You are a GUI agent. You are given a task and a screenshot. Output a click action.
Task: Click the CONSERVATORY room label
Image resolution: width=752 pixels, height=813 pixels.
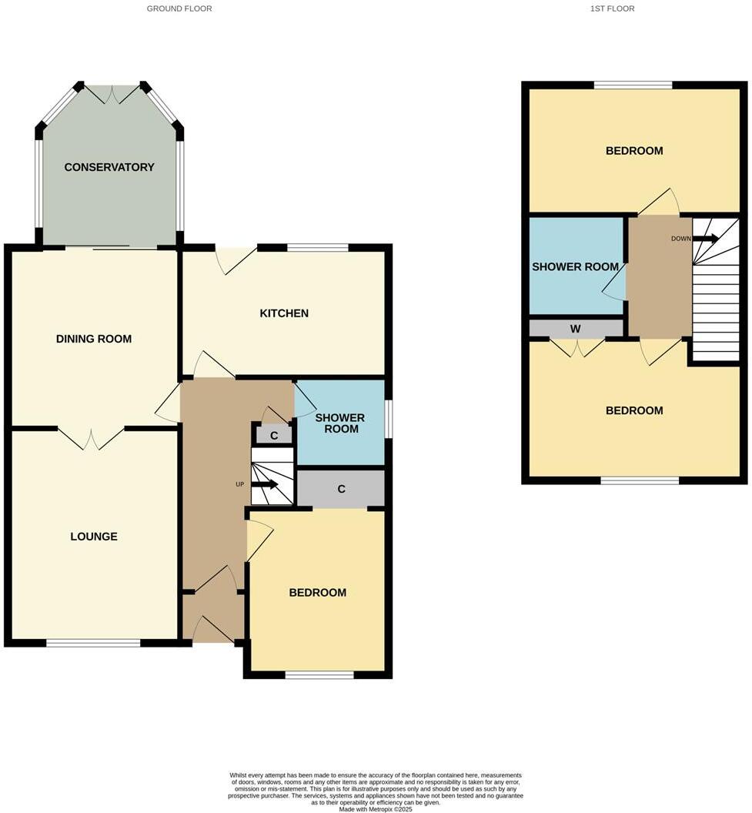coord(109,167)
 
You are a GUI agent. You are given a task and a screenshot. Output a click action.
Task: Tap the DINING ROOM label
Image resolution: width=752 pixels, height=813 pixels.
coord(93,339)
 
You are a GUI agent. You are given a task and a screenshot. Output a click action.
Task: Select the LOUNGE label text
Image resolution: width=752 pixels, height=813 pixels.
coord(94,537)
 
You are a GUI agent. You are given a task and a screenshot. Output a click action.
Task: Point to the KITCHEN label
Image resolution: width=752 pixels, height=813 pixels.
coord(284,313)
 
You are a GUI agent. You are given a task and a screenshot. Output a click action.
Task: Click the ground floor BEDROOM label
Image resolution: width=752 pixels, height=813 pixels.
coord(317,593)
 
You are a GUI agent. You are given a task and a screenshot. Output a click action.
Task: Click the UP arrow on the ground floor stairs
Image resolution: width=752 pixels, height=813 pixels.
coord(266,484)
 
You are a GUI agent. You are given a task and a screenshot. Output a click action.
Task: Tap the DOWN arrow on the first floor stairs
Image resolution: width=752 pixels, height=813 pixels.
coord(705,239)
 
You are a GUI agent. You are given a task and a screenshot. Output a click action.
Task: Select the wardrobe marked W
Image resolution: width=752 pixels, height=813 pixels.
coord(575,329)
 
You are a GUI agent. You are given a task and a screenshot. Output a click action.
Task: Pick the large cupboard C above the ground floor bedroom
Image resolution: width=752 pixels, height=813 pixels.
coord(340,489)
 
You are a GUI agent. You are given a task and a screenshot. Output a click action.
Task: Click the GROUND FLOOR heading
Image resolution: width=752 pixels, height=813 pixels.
coord(179,8)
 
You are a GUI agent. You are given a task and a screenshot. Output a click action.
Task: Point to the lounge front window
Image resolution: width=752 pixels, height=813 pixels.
coord(92,643)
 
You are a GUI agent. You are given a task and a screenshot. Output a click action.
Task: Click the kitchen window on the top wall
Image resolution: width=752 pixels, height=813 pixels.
coord(317,248)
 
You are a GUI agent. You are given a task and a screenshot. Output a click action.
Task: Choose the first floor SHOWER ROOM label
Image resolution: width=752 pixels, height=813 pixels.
coord(575,267)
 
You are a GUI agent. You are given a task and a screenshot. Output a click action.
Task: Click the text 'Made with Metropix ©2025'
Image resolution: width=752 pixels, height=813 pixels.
coord(376,808)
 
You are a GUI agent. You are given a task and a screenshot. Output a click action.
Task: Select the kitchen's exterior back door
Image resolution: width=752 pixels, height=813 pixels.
coord(236,259)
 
